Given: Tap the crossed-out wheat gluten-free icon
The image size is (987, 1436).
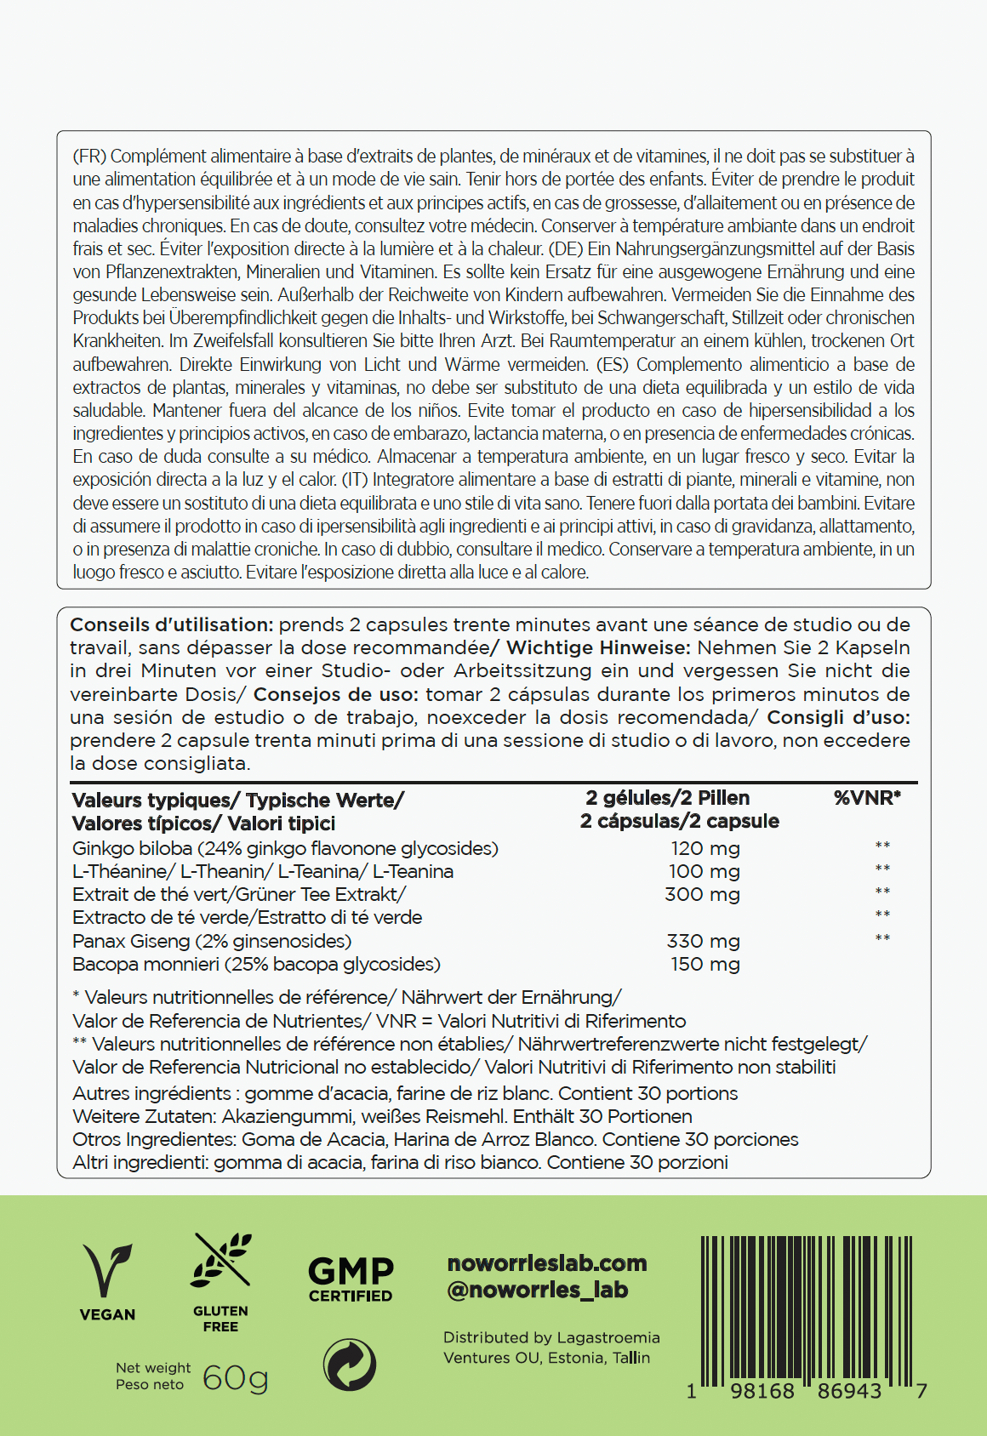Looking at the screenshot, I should (x=220, y=1260).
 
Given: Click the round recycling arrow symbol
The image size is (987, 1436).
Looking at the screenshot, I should (x=350, y=1365).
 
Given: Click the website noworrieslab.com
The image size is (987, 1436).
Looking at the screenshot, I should (x=547, y=1263).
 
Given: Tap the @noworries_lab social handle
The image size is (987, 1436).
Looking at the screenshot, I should (x=538, y=1290).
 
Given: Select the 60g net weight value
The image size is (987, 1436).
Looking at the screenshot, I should (x=235, y=1377).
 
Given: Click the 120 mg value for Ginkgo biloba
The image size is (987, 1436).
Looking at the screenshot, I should (x=705, y=848).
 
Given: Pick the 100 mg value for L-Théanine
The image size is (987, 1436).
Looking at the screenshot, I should (x=704, y=871).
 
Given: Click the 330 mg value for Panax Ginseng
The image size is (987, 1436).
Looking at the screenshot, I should (x=703, y=941).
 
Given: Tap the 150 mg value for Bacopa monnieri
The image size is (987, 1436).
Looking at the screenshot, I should (x=705, y=964).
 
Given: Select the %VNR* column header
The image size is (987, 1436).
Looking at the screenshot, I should (x=867, y=798).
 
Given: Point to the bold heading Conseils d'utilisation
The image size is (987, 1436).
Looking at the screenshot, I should (x=171, y=624).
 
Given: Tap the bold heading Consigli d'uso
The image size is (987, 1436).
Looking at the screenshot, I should (x=838, y=717).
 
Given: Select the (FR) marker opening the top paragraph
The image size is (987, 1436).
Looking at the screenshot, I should (x=89, y=157).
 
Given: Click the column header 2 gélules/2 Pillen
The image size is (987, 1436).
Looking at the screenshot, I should (x=668, y=798).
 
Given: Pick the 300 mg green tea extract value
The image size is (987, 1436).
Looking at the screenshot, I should (x=702, y=894).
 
